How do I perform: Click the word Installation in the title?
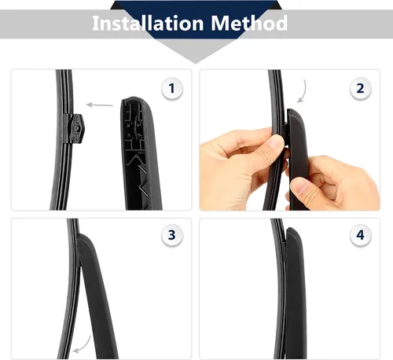point(148,23)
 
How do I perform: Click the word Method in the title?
point(249,23)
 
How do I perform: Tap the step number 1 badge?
point(172,89)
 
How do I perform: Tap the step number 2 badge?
point(360,89)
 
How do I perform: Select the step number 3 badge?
point(172,235)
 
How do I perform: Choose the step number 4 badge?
point(360,235)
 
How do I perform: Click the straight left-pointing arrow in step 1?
point(100,105)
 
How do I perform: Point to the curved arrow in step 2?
point(303,92)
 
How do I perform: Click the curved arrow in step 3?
point(83,345)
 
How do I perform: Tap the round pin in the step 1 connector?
point(76,129)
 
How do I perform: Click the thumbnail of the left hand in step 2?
point(274,144)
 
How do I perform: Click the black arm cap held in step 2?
point(297,157)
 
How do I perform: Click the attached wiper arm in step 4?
point(296,292)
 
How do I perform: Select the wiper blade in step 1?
point(62,140)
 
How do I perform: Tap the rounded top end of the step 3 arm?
point(83,237)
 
